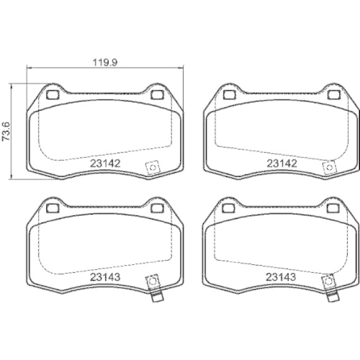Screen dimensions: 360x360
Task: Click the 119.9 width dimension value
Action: (x=105, y=63)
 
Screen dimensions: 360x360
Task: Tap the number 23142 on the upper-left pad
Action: (x=105, y=163)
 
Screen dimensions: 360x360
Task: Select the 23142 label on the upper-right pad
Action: (x=282, y=163)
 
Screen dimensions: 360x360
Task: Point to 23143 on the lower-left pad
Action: (x=105, y=277)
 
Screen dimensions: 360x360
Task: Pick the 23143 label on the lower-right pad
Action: (x=281, y=277)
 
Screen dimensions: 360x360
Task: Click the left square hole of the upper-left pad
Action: (x=53, y=95)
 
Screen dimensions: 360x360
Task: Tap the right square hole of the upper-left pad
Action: (x=157, y=95)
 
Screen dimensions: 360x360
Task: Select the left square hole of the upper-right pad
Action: (x=230, y=95)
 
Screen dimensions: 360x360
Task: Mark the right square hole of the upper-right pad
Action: (x=334, y=95)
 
